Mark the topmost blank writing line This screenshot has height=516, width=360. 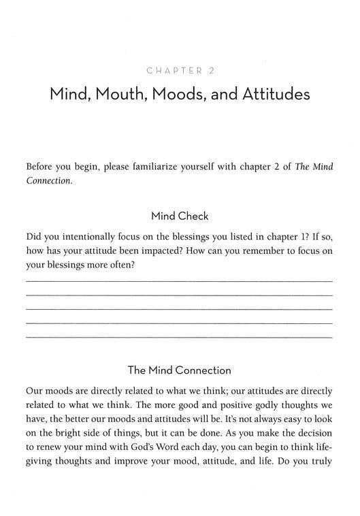point(179,280)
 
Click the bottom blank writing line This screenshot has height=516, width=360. point(179,337)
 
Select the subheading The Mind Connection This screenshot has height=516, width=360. point(179,370)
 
